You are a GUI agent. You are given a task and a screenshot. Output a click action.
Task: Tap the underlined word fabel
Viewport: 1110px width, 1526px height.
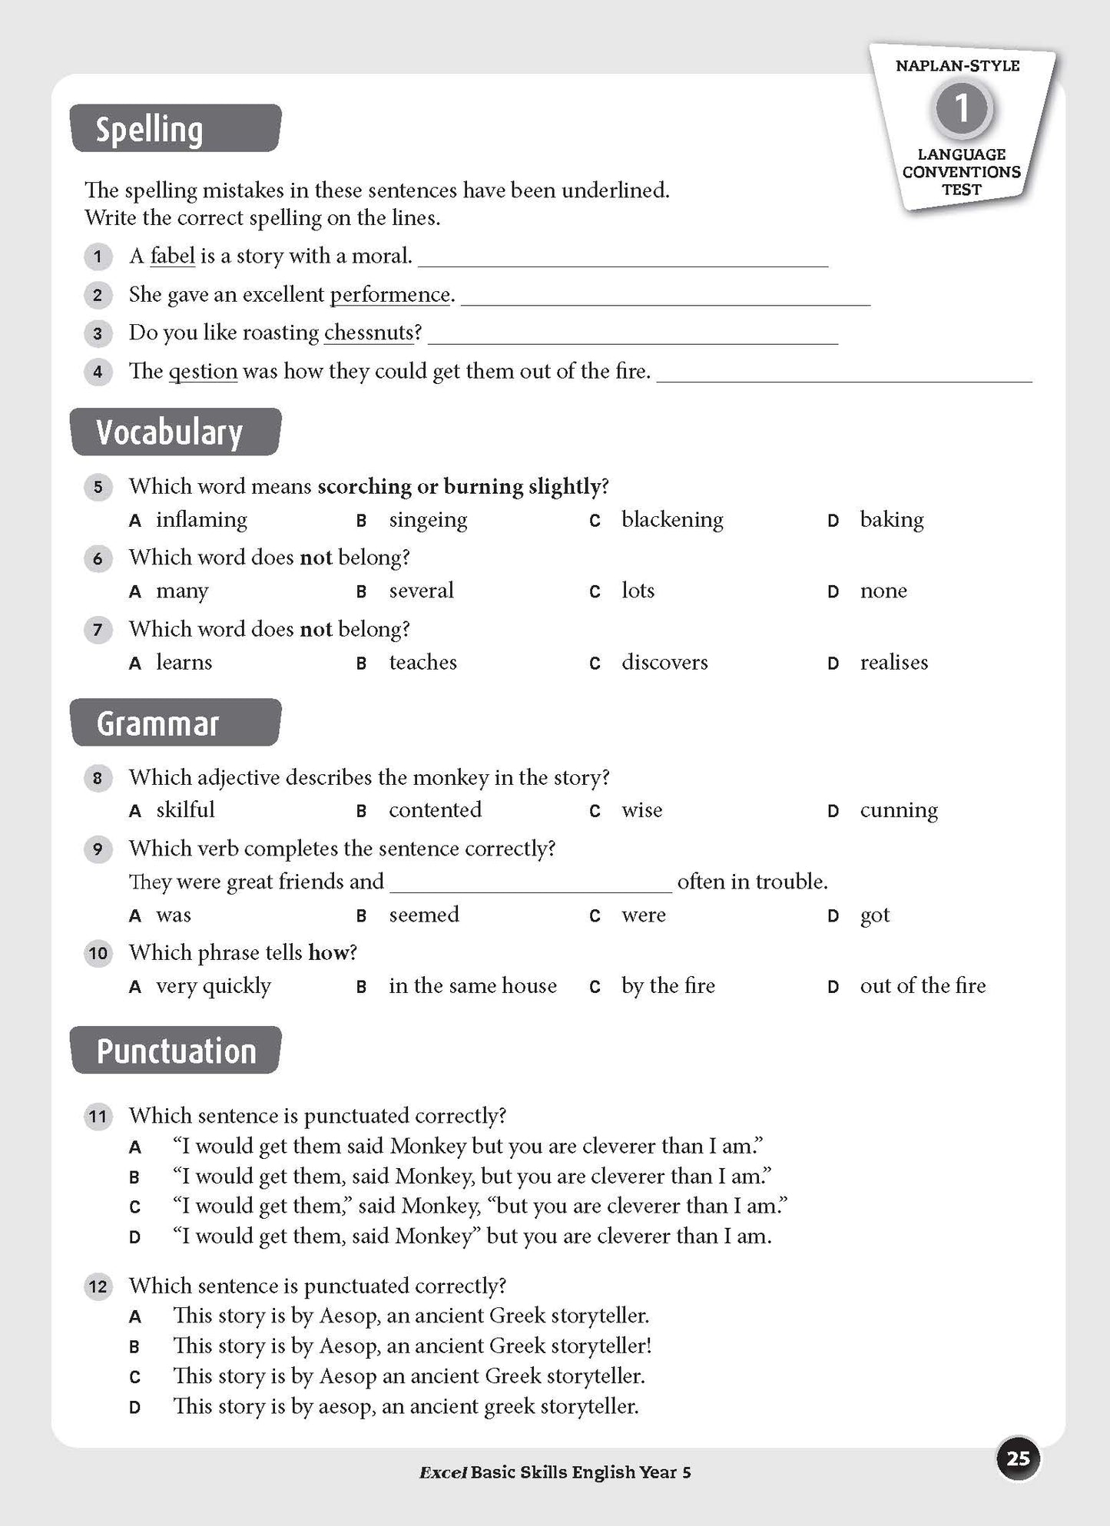[x=172, y=256]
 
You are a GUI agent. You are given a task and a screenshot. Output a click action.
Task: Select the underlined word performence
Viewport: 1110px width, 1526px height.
[x=390, y=295]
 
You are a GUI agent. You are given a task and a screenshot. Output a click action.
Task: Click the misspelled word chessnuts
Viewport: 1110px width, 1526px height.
[x=369, y=333]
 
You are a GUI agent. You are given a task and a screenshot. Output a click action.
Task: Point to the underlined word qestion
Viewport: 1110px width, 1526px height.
[x=203, y=372]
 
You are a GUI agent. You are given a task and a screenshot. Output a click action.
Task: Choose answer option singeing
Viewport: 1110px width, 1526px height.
[x=427, y=520]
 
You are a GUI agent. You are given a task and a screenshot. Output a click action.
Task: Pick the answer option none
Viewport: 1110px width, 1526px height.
[x=883, y=591]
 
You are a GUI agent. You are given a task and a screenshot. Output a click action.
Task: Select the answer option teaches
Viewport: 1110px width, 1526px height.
[x=422, y=662]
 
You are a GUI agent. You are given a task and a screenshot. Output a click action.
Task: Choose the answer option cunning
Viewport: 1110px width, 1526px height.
[x=898, y=810]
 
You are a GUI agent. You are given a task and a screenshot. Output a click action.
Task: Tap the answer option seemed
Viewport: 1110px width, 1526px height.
[x=423, y=915]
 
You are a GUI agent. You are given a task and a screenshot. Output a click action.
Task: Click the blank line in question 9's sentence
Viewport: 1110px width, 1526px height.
[x=530, y=883]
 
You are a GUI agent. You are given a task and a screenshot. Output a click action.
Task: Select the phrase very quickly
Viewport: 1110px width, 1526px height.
[x=213, y=986]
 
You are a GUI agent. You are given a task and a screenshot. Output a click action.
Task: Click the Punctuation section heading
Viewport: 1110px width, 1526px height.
[x=175, y=1051]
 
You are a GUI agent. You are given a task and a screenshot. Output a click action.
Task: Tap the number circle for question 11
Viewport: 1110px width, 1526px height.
[x=98, y=1116]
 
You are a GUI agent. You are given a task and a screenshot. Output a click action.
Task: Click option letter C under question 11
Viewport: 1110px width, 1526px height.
[x=135, y=1207]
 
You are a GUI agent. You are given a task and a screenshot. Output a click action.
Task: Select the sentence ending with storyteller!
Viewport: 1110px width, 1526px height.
[x=412, y=1346]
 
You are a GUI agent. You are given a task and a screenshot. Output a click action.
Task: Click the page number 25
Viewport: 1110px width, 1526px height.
[x=1017, y=1458]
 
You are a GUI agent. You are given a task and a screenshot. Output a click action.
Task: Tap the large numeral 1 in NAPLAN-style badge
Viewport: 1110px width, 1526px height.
[x=961, y=108]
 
